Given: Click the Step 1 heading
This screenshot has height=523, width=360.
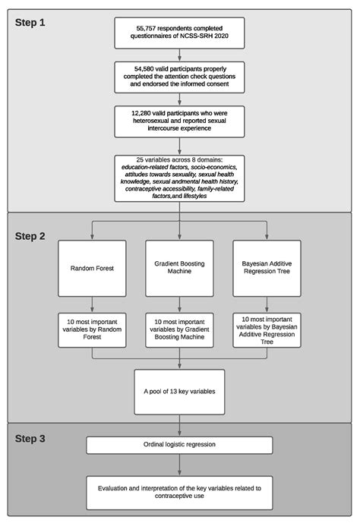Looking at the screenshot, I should pyautogui.click(x=30, y=22).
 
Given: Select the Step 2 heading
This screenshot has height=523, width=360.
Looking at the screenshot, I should pyautogui.click(x=31, y=235).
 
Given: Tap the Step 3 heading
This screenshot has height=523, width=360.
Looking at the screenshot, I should pyautogui.click(x=31, y=440).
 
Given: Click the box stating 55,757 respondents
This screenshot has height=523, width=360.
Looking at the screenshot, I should pyautogui.click(x=180, y=31).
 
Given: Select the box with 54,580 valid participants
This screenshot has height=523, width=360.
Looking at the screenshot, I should pyautogui.click(x=180, y=76).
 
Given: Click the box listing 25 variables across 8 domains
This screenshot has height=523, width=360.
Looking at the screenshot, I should pyautogui.click(x=180, y=178).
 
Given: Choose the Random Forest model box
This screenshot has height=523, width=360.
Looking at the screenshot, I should pyautogui.click(x=92, y=269).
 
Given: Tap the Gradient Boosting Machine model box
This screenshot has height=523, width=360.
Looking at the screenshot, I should pyautogui.click(x=180, y=269).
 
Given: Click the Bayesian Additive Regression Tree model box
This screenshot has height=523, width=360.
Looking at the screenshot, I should pyautogui.click(x=267, y=269).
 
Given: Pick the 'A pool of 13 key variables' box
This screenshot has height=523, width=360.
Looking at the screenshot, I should pyautogui.click(x=180, y=392).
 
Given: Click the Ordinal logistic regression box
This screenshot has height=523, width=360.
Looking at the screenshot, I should pyautogui.click(x=180, y=444).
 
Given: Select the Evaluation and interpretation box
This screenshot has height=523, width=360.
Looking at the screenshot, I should pyautogui.click(x=180, y=486).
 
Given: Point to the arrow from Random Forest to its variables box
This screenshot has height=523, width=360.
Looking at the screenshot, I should pyautogui.click(x=92, y=303).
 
